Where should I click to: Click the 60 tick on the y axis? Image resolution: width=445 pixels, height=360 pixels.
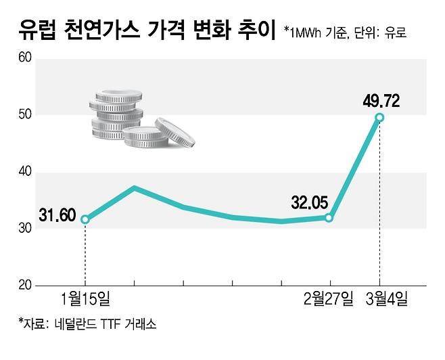(25, 58)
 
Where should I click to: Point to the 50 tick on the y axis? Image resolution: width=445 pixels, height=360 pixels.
(25, 115)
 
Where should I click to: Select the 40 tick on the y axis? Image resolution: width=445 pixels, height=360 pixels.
(25, 172)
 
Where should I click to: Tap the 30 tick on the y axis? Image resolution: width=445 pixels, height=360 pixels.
(25, 229)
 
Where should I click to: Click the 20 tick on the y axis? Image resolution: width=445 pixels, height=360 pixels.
(25, 286)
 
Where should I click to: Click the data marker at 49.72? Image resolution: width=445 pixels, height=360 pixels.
(379, 118)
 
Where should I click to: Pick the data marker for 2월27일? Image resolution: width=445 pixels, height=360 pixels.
(329, 218)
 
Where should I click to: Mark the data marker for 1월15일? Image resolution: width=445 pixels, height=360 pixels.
(85, 219)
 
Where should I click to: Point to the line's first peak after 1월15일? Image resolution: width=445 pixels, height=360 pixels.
(135, 187)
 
